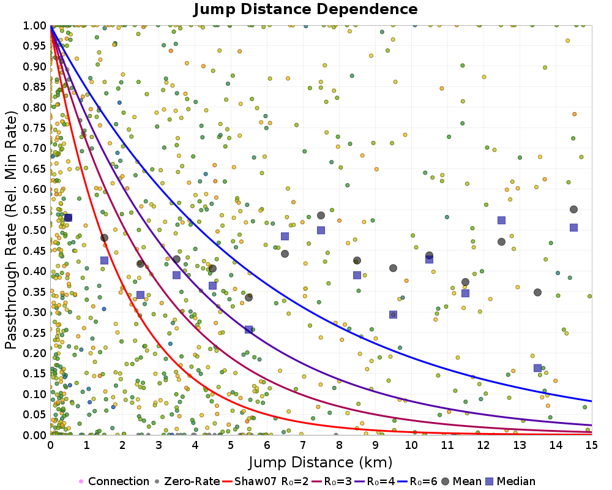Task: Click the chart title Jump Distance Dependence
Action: [305, 9]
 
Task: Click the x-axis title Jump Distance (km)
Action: [321, 462]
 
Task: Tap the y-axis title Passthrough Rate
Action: [11, 230]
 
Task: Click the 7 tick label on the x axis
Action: [303, 445]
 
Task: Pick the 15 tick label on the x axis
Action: [592, 445]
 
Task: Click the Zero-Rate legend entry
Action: [187, 481]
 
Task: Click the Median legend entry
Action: [511, 481]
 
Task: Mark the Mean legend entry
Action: [461, 481]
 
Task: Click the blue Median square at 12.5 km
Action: [502, 221]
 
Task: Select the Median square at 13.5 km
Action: [537, 368]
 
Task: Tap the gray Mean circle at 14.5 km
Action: [574, 209]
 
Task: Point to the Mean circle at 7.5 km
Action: [321, 216]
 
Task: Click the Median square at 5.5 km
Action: [248, 330]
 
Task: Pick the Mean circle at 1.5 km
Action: [104, 238]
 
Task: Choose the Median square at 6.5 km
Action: [285, 236]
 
